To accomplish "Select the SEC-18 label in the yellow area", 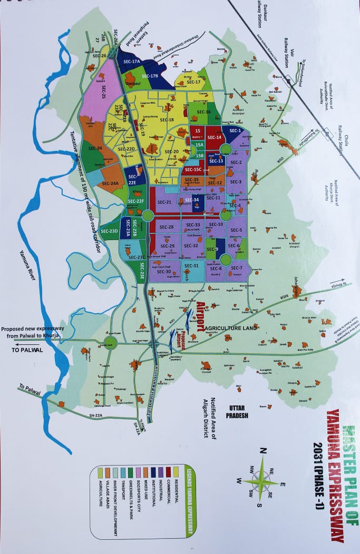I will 167,120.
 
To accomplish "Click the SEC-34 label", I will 192,200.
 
